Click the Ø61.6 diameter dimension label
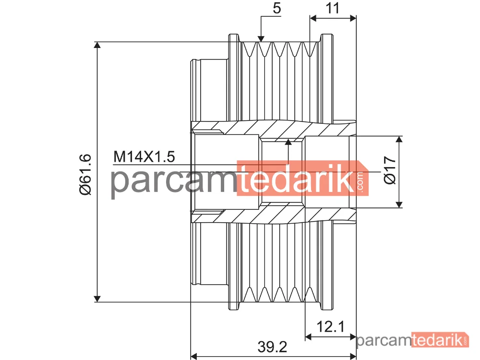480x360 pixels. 85,175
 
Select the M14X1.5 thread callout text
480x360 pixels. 144,157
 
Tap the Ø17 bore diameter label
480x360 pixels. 390,170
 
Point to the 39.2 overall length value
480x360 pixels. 273,347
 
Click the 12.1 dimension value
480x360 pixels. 331,326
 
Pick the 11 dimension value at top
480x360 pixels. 333,8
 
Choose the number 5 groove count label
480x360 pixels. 277,8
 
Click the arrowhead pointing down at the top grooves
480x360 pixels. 261,38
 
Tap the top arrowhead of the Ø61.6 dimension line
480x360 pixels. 97,45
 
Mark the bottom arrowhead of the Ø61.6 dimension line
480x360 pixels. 97,299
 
